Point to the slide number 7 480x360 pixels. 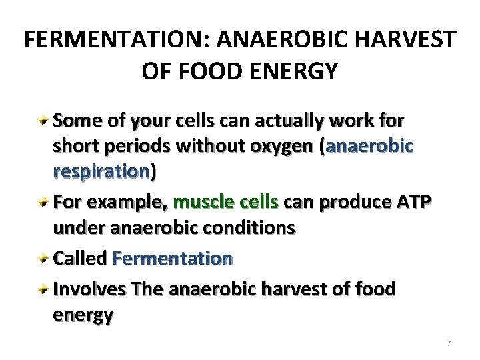point(449,343)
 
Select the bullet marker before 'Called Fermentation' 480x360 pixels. point(44,257)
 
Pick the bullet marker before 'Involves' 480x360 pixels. point(44,289)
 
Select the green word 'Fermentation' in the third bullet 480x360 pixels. point(173,257)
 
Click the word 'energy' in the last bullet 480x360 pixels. point(83,315)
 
